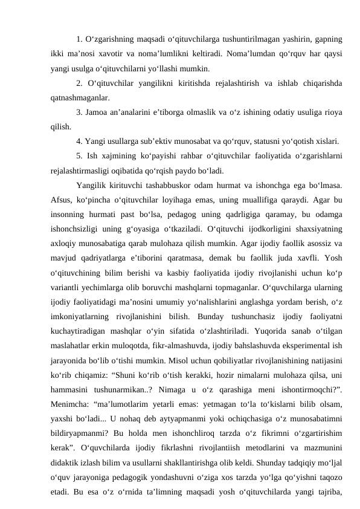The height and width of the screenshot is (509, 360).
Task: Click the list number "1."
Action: coord(80,39)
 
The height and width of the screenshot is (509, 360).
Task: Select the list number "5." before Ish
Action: coord(80,156)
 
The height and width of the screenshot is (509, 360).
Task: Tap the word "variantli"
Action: coord(68,273)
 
